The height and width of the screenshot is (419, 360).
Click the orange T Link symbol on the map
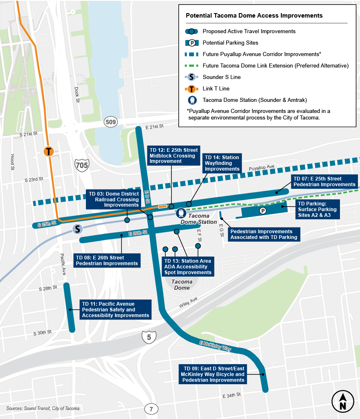(49, 151)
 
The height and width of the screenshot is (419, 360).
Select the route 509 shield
(110, 122)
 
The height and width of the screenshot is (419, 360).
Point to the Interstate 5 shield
(148, 337)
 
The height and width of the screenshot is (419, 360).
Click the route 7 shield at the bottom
(151, 409)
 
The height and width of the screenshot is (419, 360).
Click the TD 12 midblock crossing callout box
(173, 155)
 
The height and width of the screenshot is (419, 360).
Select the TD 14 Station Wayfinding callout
(222, 163)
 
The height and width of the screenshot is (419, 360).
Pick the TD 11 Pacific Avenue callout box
(115, 309)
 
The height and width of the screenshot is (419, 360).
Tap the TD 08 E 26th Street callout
(107, 260)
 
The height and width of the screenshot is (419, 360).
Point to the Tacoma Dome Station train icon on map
(180, 213)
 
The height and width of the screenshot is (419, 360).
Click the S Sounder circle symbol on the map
(77, 229)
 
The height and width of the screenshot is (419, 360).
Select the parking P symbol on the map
(263, 210)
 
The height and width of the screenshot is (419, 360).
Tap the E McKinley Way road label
(215, 346)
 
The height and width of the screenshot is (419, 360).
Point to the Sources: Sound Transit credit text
(43, 408)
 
